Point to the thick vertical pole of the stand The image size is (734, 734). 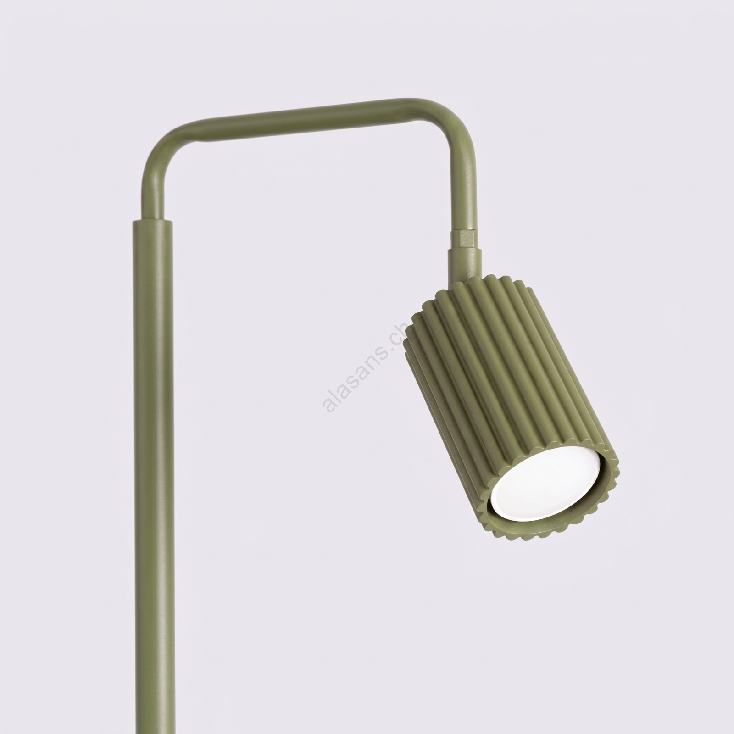154,477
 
